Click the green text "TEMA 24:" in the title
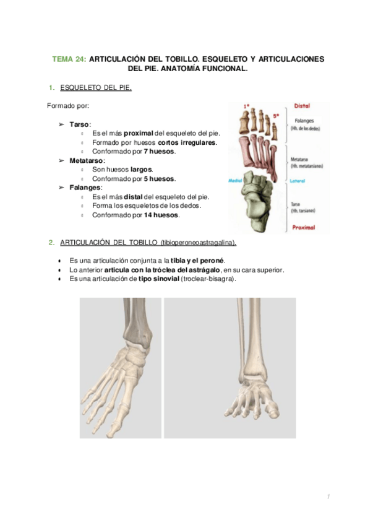tap(69, 59)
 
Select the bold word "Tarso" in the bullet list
tap(79, 124)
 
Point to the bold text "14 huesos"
tap(161, 215)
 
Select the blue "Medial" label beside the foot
tap(235, 181)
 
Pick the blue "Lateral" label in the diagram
tap(300, 181)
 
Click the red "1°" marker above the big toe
tap(247, 106)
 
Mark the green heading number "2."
tap(51, 241)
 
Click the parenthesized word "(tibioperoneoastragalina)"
tap(198, 241)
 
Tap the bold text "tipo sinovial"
tap(159, 279)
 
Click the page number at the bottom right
tap(330, 497)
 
